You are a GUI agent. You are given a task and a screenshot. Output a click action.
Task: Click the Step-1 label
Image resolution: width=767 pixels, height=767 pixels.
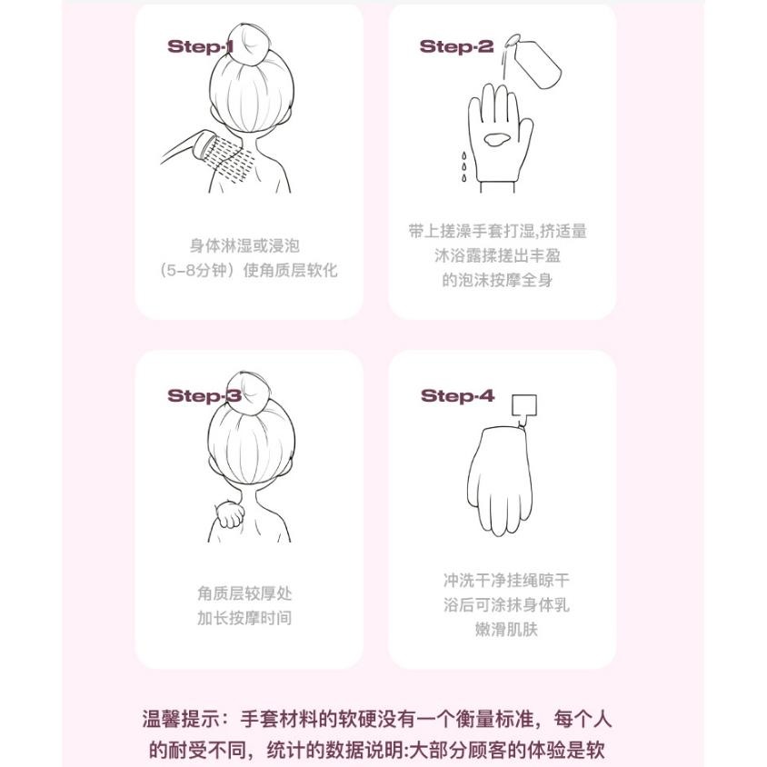coord(201,46)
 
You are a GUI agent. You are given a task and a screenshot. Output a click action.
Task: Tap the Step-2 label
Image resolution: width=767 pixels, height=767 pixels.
coord(456,46)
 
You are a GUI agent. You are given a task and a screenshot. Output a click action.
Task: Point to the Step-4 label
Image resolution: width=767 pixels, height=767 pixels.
coord(457,396)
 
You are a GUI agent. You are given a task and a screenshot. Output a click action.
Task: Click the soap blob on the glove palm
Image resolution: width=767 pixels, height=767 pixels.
coord(497,141)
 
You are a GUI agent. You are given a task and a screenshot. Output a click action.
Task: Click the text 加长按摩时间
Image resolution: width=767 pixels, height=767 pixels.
coord(244,619)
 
